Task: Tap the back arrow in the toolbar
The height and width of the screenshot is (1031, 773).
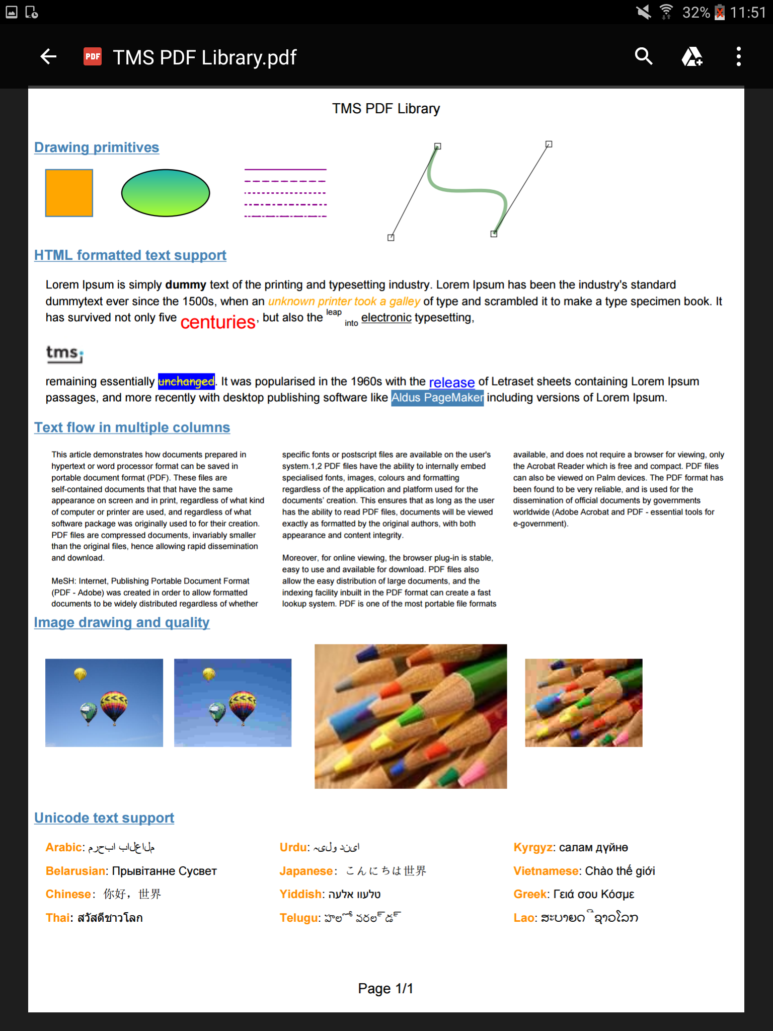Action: click(48, 56)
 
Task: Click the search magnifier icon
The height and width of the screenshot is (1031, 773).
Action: click(644, 56)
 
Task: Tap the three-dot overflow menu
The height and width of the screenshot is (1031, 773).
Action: click(738, 56)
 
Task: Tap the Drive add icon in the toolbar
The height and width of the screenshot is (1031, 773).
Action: click(692, 56)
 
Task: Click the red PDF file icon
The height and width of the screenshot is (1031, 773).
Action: click(93, 56)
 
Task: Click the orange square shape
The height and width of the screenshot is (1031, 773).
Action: click(69, 193)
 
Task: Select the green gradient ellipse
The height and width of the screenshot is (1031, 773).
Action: click(166, 193)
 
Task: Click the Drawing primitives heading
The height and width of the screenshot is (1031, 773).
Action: click(97, 148)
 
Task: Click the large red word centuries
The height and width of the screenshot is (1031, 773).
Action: click(218, 322)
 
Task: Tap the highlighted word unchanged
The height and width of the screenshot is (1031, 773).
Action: click(186, 381)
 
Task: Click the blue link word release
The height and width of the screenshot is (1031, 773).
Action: click(451, 383)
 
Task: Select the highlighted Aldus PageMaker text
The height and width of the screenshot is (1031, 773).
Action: click(437, 398)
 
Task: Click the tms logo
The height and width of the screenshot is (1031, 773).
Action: click(64, 353)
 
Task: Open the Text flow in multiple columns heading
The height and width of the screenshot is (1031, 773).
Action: click(132, 427)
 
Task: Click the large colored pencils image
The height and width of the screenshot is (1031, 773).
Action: click(411, 716)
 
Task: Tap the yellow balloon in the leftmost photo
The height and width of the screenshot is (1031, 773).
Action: click(80, 674)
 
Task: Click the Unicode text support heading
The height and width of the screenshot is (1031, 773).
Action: click(104, 818)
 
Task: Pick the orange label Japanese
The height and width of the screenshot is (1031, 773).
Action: click(306, 871)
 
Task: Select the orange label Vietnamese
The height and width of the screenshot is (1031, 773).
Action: click(546, 871)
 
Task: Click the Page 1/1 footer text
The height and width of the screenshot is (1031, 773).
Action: click(385, 989)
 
